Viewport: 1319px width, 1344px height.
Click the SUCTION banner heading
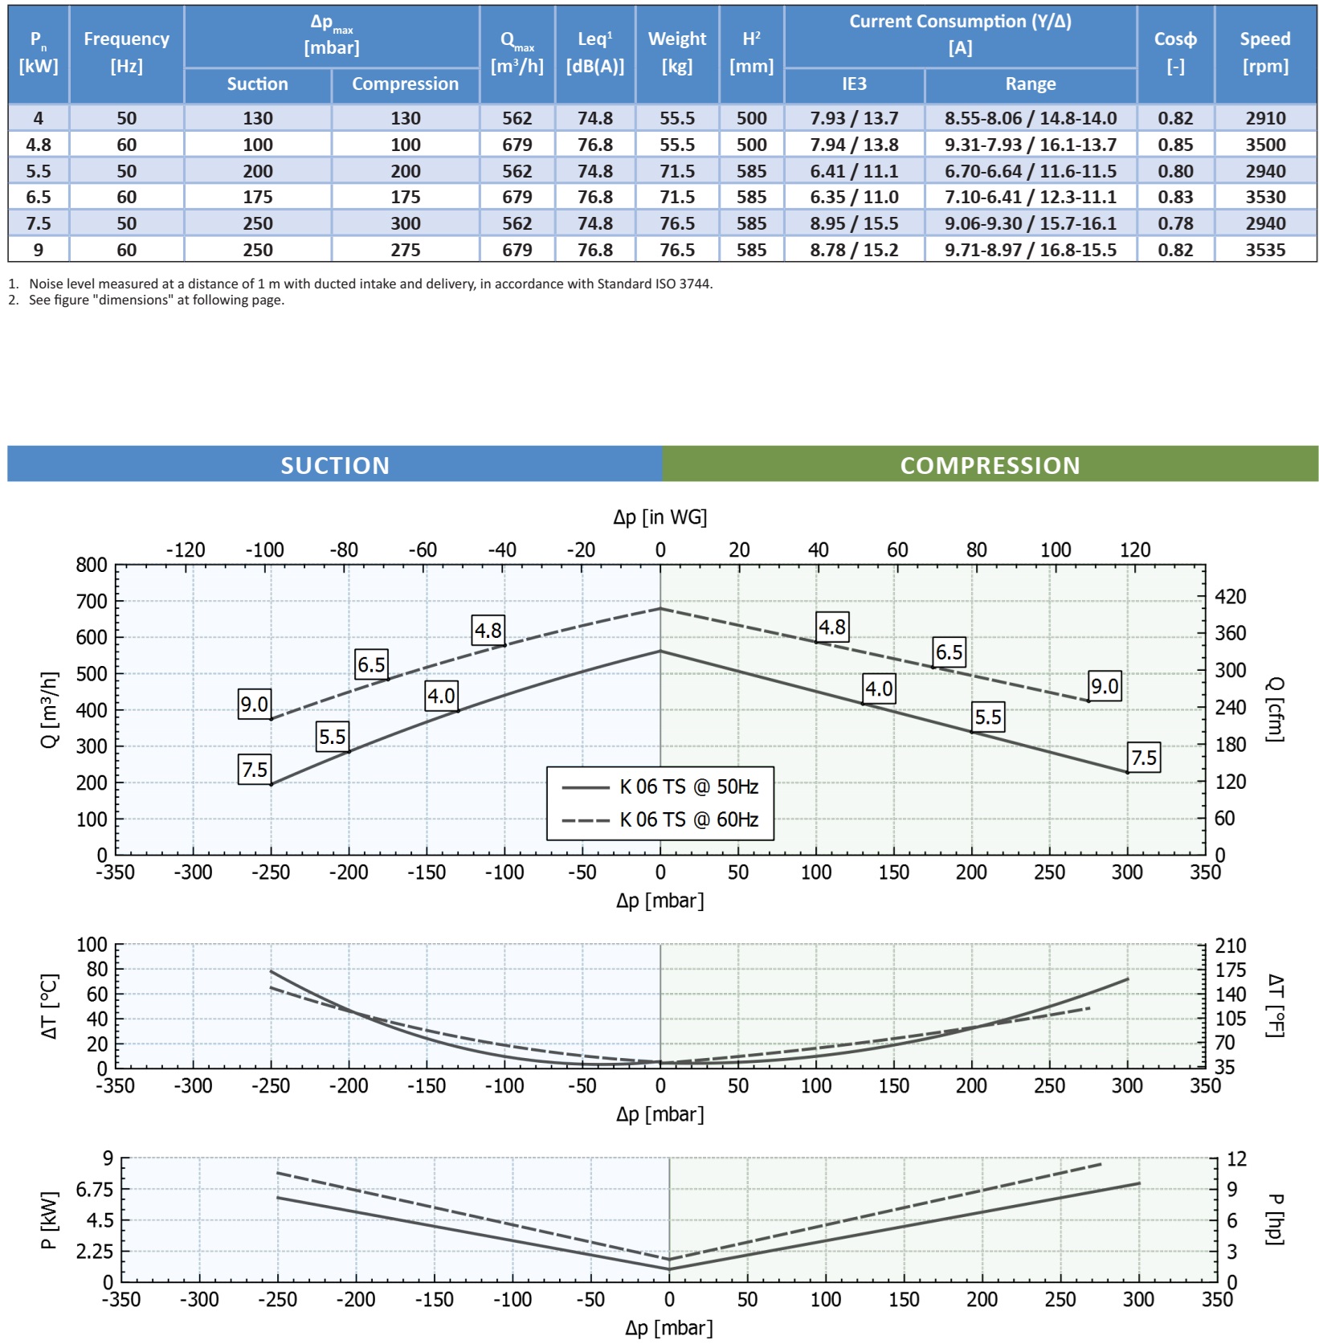335,465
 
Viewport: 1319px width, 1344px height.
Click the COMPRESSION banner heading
990,465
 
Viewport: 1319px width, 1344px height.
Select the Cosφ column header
1175,52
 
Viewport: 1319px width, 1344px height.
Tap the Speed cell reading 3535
1265,250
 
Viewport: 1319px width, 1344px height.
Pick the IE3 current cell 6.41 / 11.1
854,171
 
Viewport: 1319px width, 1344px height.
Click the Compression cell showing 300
406,223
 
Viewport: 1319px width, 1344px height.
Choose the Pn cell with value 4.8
39,145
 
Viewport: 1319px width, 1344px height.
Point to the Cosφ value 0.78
1175,223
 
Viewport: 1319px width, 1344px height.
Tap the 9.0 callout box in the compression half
1105,686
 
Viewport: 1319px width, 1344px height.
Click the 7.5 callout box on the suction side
255,770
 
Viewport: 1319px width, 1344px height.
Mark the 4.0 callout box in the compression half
879,688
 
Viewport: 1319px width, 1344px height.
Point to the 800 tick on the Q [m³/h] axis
92,565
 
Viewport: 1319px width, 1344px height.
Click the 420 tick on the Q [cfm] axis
1230,596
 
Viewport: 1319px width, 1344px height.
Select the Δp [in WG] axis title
659,517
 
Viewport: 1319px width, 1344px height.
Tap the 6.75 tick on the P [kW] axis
95,1189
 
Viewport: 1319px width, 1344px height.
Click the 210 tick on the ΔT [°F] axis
1231,946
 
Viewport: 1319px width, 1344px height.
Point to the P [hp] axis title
1275,1219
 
